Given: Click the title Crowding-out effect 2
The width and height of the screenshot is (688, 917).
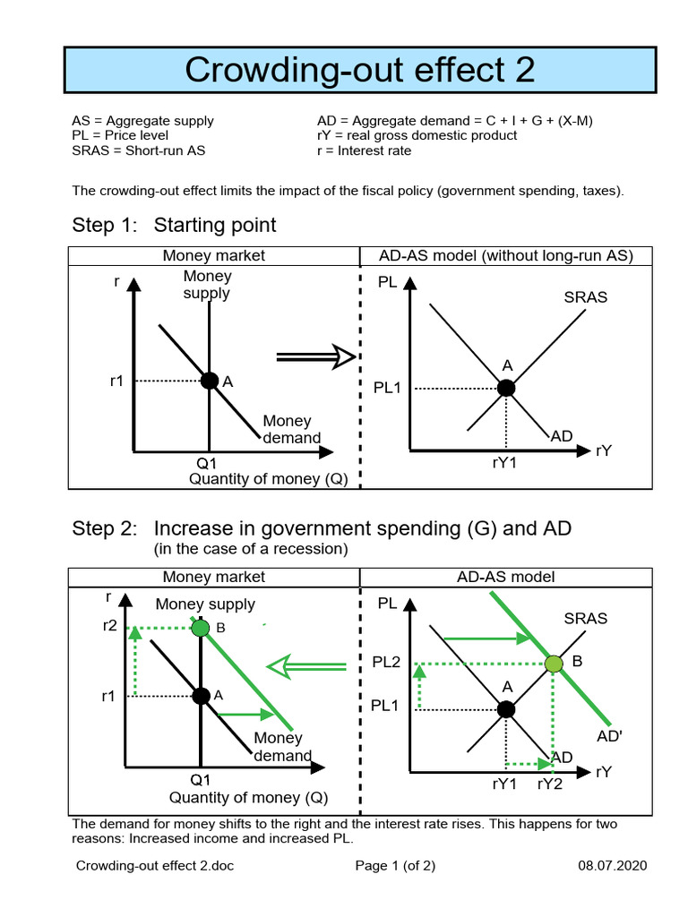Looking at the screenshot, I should point(359,69).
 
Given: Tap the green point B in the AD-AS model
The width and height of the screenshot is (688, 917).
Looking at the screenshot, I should point(554,664).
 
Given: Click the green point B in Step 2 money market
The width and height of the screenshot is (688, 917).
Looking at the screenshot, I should point(201,628).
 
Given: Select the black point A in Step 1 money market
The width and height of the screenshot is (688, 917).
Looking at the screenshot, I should point(209,381).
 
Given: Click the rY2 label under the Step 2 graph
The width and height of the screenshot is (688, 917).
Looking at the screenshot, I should point(550,784).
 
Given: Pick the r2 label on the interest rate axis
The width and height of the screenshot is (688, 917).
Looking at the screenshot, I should point(110,626).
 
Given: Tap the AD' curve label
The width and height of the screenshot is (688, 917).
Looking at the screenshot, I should point(610,736).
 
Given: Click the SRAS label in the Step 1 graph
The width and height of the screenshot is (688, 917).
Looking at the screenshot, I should point(586,297).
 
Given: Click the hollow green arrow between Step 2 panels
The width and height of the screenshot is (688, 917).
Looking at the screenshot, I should point(306,666).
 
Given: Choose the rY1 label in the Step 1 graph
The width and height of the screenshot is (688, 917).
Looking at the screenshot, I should point(505,463).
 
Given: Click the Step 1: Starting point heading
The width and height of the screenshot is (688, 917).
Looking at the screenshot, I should point(174,225).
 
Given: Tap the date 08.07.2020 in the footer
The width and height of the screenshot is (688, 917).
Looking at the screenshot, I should point(612,866).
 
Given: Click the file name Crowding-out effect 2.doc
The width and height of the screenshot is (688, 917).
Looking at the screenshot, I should point(155,866).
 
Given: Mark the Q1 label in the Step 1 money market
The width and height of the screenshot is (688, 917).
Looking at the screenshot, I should point(207,463).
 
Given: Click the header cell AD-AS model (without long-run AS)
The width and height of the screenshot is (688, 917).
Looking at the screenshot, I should point(506,256).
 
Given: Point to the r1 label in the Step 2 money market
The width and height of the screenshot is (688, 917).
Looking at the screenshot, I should point(108,695).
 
